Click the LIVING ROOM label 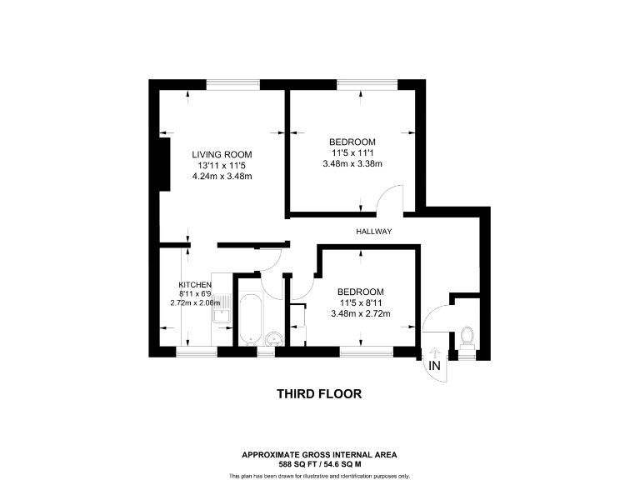click(222, 154)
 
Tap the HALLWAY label click(374, 231)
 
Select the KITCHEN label click(195, 284)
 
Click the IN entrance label click(435, 366)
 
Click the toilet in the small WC click(467, 336)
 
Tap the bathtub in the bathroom click(250, 318)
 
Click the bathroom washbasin click(275, 338)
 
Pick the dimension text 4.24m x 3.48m click(222, 176)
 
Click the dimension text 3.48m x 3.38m click(352, 163)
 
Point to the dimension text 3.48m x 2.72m click(360, 313)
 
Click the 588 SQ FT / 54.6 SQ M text click(319, 462)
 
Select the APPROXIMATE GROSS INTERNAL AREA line click(319, 454)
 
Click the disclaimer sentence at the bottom click(319, 475)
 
